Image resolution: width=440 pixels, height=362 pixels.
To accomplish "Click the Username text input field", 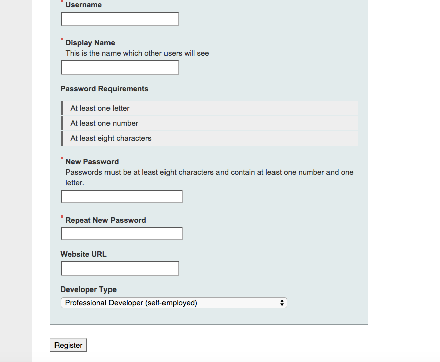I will [x=120, y=19].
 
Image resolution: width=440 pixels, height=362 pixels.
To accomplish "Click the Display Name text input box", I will [x=120, y=67].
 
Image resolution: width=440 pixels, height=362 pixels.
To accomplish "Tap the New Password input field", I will [x=121, y=197].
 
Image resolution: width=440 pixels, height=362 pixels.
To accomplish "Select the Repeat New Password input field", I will [x=121, y=234].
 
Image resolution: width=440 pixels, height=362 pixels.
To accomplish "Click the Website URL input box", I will [x=120, y=269].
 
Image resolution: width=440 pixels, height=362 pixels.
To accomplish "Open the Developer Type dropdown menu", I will [x=174, y=303].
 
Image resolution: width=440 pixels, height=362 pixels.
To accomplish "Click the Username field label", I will [x=83, y=5].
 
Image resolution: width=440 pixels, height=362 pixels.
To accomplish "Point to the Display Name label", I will [x=90, y=43].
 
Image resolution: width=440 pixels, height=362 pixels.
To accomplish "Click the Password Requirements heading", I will [x=104, y=89].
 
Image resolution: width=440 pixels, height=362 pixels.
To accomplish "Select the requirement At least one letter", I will [x=100, y=108].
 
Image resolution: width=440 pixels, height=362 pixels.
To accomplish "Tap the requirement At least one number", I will [x=104, y=123].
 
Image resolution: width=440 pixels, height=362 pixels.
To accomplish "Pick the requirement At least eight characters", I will [x=111, y=138].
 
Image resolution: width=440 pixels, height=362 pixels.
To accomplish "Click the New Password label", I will [x=92, y=162].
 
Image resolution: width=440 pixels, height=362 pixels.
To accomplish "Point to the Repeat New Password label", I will [x=105, y=220].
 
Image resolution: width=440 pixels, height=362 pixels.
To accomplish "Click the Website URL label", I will [x=83, y=254].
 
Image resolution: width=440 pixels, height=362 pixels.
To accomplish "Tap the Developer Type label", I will [x=88, y=289].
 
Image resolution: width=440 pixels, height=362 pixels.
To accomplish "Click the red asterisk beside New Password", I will [x=62, y=158].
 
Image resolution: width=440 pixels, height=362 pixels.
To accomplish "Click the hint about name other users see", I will [x=137, y=53].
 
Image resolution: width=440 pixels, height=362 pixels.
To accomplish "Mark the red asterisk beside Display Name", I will [x=62, y=39].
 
